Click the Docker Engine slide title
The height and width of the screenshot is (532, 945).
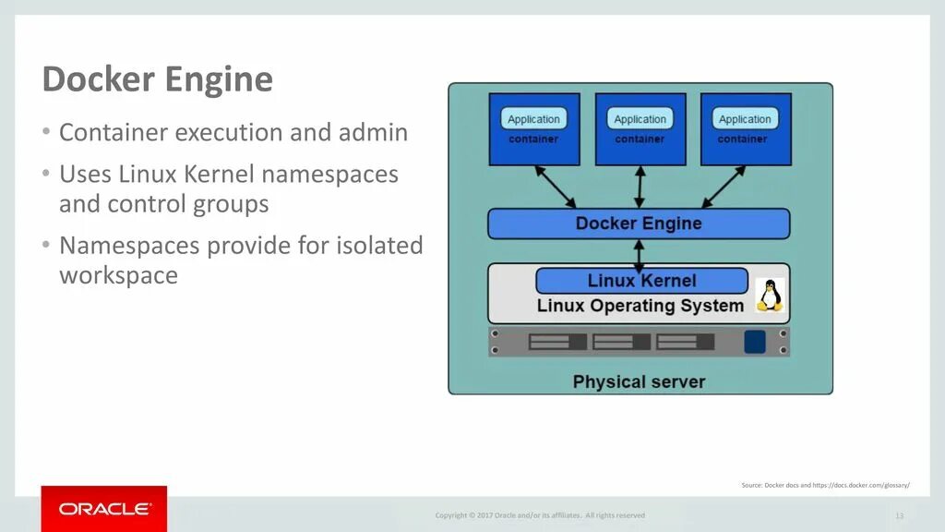157,79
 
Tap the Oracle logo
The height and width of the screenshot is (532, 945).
104,509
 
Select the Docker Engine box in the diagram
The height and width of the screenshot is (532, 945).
639,224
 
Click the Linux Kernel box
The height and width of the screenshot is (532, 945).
641,281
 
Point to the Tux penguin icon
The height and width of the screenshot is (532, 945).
770,296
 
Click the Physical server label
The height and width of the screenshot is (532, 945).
639,381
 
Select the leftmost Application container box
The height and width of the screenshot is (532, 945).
533,128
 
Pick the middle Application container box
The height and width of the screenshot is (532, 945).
640,128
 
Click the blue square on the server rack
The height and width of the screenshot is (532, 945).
755,342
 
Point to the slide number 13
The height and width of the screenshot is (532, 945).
899,515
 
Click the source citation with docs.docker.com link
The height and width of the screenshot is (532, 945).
825,485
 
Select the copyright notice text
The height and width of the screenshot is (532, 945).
540,515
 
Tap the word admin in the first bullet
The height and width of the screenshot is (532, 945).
375,132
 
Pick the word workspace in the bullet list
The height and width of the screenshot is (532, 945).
118,275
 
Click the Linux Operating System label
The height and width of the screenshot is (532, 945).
640,306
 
